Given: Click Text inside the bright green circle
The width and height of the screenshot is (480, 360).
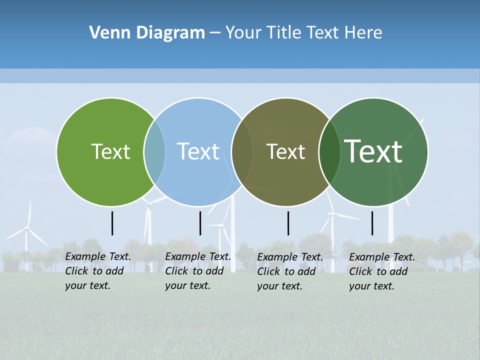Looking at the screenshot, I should click(110, 152).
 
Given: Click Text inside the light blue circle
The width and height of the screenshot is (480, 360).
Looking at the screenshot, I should click(198, 152).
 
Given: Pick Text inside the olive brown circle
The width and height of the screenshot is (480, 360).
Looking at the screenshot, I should click(285, 152).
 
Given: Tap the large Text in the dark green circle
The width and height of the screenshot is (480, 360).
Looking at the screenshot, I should click(373, 151).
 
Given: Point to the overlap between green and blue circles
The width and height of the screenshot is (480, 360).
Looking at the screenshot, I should click(154, 152).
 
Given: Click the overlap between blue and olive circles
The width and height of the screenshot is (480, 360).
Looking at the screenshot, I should click(242, 152).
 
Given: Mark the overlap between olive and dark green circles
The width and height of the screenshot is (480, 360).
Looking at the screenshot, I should click(329, 152).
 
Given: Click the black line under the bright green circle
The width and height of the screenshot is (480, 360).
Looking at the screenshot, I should click(112, 223).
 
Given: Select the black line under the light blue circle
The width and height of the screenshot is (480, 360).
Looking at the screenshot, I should click(200, 223).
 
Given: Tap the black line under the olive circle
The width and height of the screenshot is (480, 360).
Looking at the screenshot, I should click(288, 223).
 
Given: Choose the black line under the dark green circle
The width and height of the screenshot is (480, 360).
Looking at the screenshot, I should click(372, 223).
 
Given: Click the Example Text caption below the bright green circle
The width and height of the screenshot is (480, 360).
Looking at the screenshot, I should click(97, 271).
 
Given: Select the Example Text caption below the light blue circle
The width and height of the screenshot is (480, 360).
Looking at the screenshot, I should click(197, 271).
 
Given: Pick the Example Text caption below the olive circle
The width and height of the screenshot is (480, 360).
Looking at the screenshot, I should click(289, 271).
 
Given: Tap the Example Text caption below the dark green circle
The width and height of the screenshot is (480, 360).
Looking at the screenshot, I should click(381, 271).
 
